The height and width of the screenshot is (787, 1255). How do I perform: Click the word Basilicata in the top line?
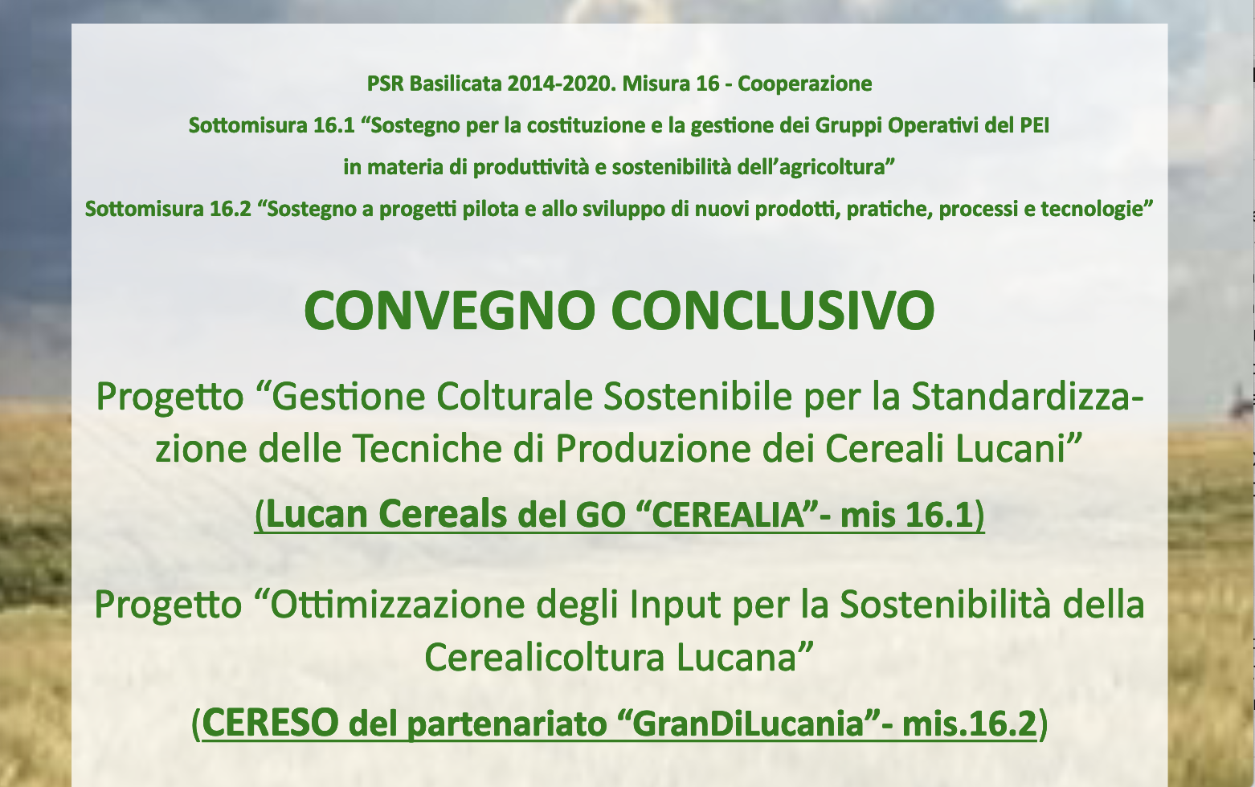click(x=456, y=84)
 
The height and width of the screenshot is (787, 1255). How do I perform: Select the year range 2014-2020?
click(x=562, y=84)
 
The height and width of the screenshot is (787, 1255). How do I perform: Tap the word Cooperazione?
click(x=804, y=84)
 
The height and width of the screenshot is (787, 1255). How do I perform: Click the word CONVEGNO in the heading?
click(x=449, y=312)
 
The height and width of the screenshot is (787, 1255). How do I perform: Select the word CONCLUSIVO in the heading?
click(x=773, y=312)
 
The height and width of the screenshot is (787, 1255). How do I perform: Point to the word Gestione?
click(x=349, y=397)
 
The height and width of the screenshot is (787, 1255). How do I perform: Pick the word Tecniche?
click(x=449, y=449)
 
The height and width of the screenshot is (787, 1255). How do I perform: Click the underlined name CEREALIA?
click(x=729, y=514)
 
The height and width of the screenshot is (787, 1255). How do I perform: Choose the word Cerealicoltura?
click(x=545, y=657)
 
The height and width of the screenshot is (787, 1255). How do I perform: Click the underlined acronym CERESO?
click(x=270, y=723)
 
